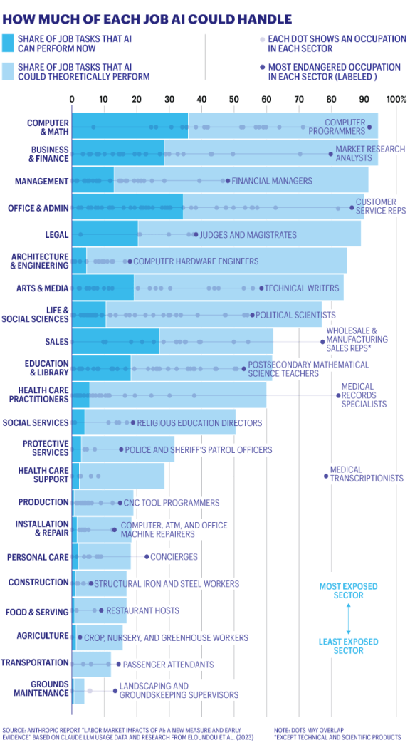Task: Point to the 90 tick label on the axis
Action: click(x=364, y=100)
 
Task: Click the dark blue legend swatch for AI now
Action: click(x=9, y=43)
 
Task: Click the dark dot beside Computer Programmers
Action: click(x=369, y=127)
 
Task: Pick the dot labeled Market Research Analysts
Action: click(x=330, y=154)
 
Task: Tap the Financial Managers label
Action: click(x=271, y=181)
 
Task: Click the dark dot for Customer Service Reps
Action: click(x=352, y=208)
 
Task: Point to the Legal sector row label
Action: click(x=56, y=234)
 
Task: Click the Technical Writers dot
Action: click(x=261, y=288)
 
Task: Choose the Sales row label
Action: click(x=56, y=342)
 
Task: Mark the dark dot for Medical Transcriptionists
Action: click(x=327, y=476)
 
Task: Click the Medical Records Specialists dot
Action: click(x=338, y=395)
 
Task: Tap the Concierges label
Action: click(x=174, y=556)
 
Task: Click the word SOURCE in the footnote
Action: click(x=15, y=731)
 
